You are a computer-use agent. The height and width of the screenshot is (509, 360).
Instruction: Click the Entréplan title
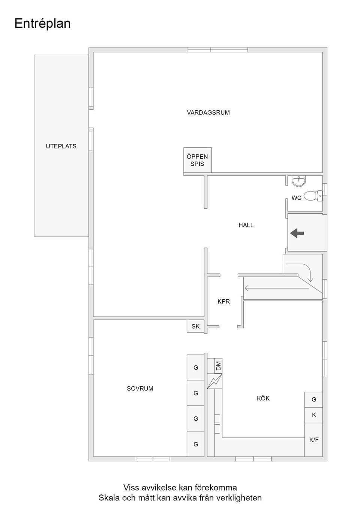pos(42,24)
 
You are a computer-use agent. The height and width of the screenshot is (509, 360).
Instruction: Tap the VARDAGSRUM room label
pos(208,112)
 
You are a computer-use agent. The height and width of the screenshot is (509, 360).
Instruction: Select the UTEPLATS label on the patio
pos(61,146)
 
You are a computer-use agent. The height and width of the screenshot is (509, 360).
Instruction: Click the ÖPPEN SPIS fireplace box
pos(198,160)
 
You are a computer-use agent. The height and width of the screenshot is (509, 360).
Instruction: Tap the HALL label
pos(246,225)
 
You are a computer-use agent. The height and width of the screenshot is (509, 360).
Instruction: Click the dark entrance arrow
pos(297,233)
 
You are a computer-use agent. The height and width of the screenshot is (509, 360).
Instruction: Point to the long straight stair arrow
pos(277,288)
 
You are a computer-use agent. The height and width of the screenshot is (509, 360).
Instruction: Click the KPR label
pos(223,301)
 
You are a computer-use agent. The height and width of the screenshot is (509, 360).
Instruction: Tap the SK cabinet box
pos(195,326)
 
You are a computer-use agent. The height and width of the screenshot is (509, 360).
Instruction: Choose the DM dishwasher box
pos(218,366)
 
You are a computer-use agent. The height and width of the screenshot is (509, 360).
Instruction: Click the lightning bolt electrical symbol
pos(214,381)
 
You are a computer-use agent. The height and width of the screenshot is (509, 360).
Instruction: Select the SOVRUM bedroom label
pos(140,388)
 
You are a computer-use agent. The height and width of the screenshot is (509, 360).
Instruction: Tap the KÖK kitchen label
pos(263,398)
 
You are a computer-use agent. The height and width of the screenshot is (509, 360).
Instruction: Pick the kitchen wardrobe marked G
pos(313,400)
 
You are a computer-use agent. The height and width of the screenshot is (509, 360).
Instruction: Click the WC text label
pos(296,198)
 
